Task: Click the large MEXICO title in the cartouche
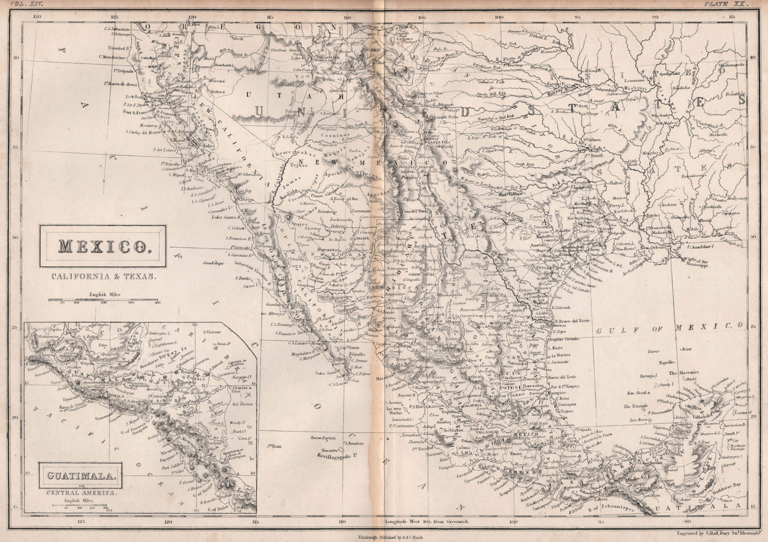102,246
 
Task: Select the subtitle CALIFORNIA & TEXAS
102,276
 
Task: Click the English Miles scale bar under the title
103,301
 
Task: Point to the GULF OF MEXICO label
669,327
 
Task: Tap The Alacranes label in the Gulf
684,373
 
